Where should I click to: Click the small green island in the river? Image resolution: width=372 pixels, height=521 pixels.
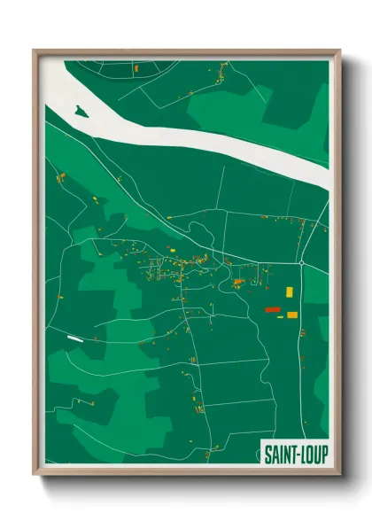click(81, 112)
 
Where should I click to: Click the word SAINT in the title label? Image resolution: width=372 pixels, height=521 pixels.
click(279, 455)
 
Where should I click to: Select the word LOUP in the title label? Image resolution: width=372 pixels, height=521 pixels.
click(313, 455)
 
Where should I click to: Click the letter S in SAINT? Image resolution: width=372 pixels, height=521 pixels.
click(267, 455)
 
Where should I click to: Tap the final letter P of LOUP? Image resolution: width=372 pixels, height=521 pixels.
click(324, 455)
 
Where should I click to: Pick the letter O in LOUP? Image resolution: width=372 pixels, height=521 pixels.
click(309, 455)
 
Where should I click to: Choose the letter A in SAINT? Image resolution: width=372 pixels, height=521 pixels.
click(275, 455)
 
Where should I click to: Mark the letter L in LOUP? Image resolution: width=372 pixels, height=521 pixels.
click(302, 455)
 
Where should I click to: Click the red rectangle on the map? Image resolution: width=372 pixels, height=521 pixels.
click(273, 309)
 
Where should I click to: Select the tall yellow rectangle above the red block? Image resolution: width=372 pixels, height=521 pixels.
click(289, 291)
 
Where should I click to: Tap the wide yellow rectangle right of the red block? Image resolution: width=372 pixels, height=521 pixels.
click(291, 314)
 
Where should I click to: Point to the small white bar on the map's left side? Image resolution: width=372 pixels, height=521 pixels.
click(74, 338)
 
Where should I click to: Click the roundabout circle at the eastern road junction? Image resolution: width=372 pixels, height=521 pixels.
click(301, 263)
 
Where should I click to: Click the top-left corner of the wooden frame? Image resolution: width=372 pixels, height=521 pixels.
click(35, 51)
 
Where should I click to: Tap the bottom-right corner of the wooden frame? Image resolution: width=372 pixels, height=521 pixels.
click(339, 474)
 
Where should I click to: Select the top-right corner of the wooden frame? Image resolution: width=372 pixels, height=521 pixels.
click(339, 51)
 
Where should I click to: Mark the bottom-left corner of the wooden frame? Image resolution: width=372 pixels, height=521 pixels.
click(35, 474)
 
